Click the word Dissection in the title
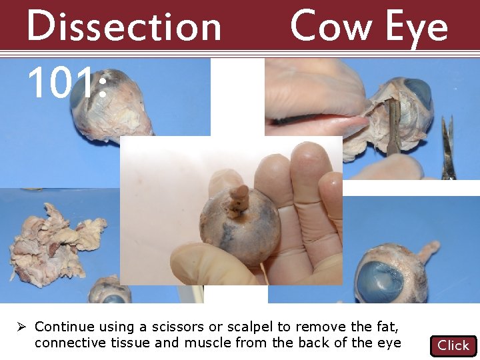(x=123, y=27)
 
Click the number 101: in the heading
(x=67, y=84)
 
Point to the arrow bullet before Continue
(x=22, y=327)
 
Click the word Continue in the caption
(x=64, y=327)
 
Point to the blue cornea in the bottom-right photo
(x=380, y=280)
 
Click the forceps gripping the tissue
(x=394, y=127)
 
